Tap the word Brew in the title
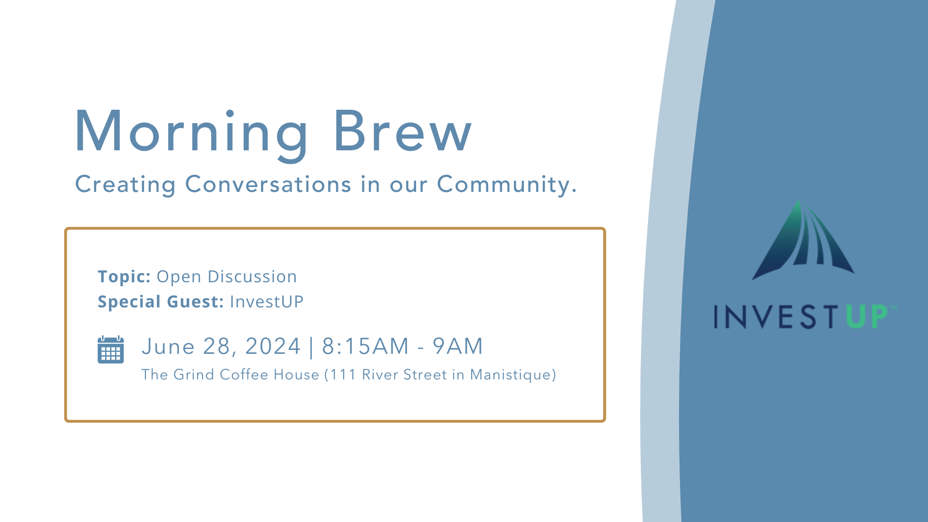coord(403,130)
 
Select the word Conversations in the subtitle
coord(268,184)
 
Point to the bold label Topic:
coord(124,277)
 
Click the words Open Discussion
coord(227,277)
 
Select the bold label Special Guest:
coord(160,302)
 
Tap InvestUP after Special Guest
coord(267,302)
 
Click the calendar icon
coord(111,349)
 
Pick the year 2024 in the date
coord(273,347)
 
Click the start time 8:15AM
coord(365,347)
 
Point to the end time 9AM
coord(458,347)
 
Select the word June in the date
coord(168,347)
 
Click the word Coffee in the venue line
coord(244,375)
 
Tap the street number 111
coord(343,375)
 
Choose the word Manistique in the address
coord(511,375)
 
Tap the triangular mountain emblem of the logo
coord(803,240)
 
